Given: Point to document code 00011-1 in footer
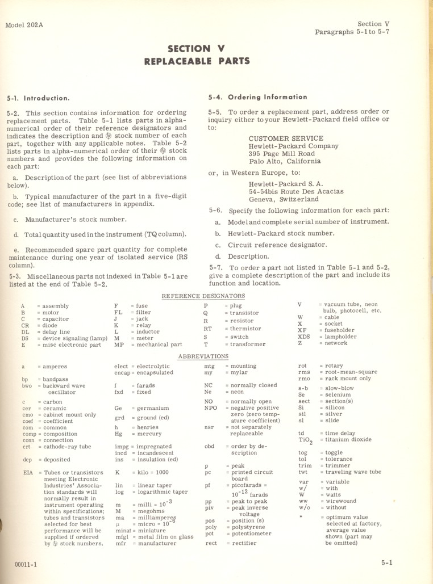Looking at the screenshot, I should coord(27,565).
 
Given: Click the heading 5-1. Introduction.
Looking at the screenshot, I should coord(39,98).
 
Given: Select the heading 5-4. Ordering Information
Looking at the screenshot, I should coord(257,97).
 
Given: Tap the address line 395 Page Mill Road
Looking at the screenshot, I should coord(281,153).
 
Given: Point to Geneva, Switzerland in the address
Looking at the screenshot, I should coord(284,199).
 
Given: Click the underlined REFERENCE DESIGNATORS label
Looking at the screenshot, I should coord(203,296).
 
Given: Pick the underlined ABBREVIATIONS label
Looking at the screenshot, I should coord(203,356).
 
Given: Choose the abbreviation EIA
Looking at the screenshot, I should coord(27,472).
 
